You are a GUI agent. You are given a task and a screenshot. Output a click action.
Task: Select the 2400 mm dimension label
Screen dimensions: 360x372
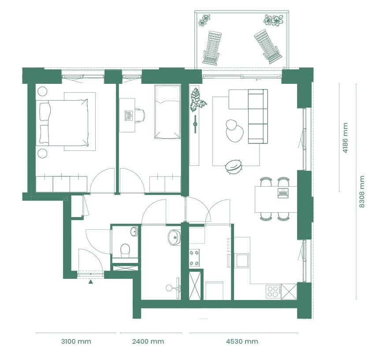coord(149,341)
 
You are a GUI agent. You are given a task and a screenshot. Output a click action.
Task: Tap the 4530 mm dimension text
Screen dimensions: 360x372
coord(242,341)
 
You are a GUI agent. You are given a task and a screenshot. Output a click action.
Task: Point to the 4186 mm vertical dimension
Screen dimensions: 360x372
coord(345,138)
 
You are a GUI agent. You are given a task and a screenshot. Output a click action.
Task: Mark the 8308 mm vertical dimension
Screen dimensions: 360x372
coord(362,192)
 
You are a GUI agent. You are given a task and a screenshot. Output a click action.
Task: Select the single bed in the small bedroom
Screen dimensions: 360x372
coord(167,113)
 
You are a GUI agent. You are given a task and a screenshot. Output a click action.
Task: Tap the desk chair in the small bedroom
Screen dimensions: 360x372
coord(139,115)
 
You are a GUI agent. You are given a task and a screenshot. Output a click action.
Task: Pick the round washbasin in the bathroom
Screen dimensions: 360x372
coord(174,237)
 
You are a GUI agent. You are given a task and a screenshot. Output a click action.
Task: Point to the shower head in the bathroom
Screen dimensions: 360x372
coord(169,288)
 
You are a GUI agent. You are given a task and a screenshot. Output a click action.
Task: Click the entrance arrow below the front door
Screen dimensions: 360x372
coord(90,281)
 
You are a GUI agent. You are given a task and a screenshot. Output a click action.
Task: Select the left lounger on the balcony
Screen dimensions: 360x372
coord(212,48)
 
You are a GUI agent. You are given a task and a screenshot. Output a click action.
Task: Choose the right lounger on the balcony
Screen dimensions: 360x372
coord(268,46)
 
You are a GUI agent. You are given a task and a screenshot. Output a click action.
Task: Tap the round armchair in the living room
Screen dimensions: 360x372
coord(234,165)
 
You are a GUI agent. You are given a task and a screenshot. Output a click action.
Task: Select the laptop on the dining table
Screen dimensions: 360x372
coord(283,192)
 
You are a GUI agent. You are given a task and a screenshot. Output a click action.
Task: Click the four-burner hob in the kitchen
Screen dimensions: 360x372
coord(273,291)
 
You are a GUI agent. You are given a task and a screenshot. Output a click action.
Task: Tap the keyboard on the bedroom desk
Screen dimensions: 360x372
coord(129,116)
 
